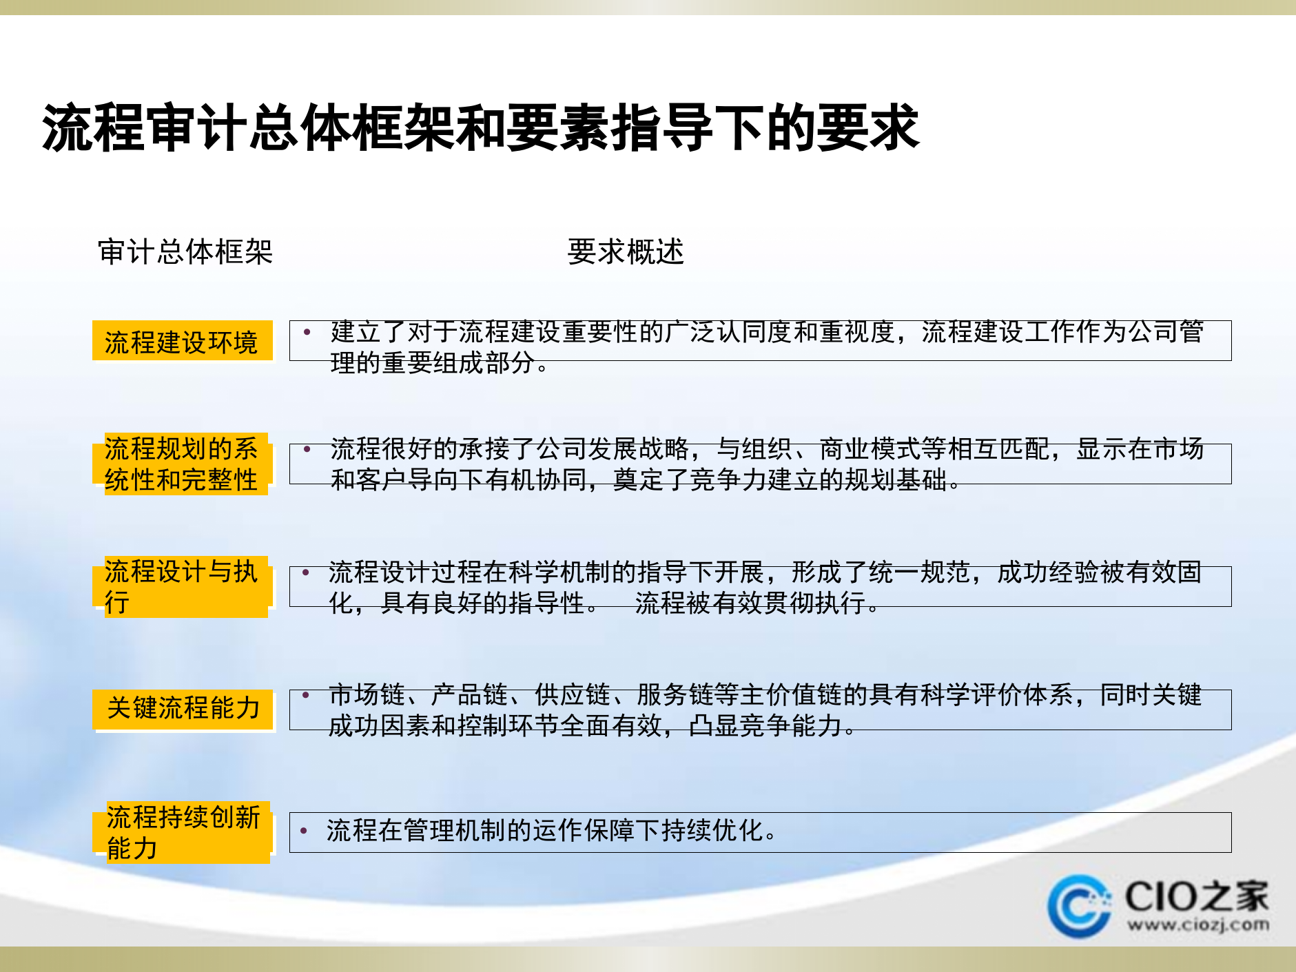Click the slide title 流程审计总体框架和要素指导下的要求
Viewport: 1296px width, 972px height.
[x=480, y=127]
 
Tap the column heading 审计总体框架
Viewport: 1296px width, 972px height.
[x=185, y=251]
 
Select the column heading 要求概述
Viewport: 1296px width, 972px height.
[x=625, y=251]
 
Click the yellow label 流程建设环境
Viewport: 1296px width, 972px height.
[x=182, y=342]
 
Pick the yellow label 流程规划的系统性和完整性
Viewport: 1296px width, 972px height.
[x=182, y=464]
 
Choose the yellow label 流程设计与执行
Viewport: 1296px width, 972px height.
[x=182, y=586]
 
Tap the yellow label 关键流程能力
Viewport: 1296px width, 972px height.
[x=183, y=708]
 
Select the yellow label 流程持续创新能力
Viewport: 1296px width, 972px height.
[x=183, y=832]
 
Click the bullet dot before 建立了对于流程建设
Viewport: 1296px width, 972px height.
[x=307, y=333]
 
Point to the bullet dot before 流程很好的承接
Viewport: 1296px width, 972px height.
[x=307, y=450]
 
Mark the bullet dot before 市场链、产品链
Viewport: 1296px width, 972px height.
[x=306, y=695]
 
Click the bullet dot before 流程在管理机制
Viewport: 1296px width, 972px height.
[x=304, y=831]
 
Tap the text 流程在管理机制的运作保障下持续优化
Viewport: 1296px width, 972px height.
[x=551, y=831]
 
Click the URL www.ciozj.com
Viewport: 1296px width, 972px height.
[x=1198, y=924]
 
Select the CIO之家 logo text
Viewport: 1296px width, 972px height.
[x=1197, y=896]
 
